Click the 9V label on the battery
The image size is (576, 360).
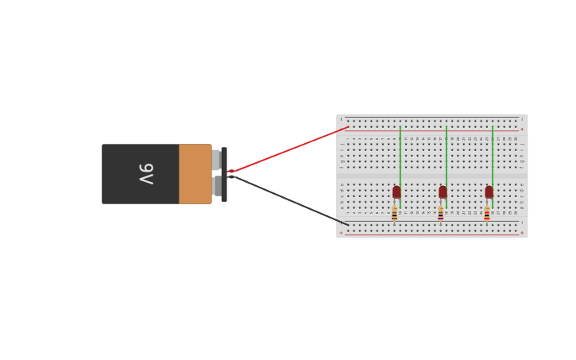coord(145,173)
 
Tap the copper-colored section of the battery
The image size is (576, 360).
coord(195,174)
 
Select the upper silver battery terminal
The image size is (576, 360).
coord(216,160)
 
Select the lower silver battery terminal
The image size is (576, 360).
coord(217,186)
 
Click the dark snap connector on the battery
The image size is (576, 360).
coord(224,174)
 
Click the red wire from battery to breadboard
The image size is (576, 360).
coord(290,149)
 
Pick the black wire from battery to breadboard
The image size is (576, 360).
coord(290,200)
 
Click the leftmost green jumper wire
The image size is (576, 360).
coord(400,155)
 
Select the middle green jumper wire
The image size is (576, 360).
coord(446,155)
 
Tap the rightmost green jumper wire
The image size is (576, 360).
coord(493,155)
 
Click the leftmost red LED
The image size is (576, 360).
coord(396,192)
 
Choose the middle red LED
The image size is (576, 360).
coord(443,192)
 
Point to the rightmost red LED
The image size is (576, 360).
coord(489,192)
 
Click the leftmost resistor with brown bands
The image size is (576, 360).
coord(394,213)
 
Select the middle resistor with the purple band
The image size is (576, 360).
coord(440,213)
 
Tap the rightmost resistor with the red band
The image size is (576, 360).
coord(486,213)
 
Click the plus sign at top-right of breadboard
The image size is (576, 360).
coord(522,130)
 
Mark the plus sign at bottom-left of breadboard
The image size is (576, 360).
coord(342,233)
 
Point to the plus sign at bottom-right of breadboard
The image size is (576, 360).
coord(522,233)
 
